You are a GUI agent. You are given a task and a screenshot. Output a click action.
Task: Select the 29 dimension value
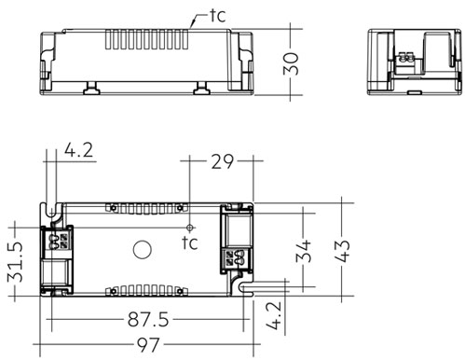pos(220,162)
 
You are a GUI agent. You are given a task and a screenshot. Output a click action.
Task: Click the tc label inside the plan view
pos(190,244)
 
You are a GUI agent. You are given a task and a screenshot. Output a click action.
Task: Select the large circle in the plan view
pos(143,249)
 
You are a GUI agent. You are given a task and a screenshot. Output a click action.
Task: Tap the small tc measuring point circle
pos(189,227)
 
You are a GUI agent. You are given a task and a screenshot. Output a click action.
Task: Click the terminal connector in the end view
pos(406,60)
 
